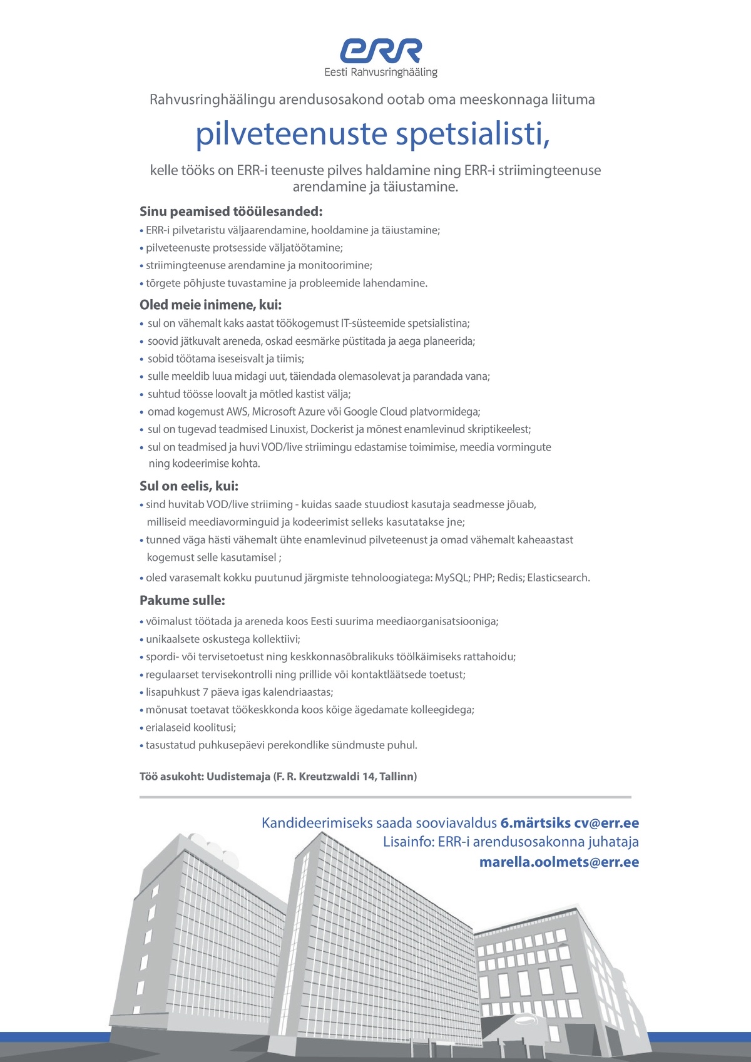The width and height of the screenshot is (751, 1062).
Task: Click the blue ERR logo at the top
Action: [381, 51]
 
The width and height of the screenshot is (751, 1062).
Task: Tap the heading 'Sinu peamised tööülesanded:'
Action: [231, 212]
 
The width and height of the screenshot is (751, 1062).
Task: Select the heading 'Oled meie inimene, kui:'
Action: [211, 305]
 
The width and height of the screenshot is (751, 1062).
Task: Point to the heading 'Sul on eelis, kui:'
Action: [189, 486]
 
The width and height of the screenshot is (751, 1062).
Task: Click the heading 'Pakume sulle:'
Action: [182, 600]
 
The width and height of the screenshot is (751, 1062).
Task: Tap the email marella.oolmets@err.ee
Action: [559, 862]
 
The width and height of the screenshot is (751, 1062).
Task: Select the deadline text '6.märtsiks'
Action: [535, 823]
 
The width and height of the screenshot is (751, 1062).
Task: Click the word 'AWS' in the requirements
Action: [238, 412]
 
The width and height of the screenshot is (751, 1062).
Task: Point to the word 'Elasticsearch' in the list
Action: [558, 578]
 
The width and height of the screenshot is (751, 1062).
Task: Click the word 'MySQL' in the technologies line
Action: [451, 578]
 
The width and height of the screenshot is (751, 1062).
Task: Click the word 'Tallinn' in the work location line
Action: [397, 777]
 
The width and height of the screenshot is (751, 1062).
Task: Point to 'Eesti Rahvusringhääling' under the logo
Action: [381, 73]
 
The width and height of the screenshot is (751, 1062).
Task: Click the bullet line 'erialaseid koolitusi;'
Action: [191, 728]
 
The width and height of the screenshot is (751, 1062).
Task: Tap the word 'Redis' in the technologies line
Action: [509, 578]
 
